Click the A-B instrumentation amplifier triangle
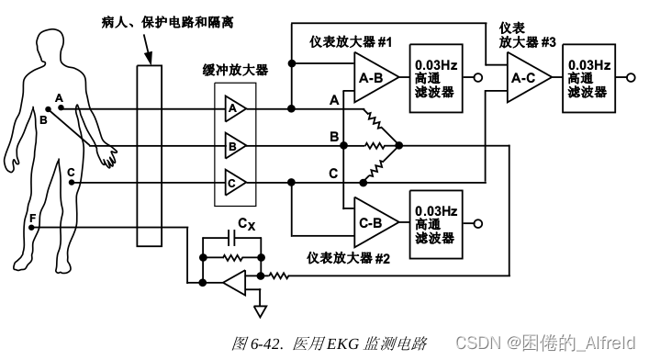tap(373, 79)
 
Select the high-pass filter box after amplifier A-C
tap(587, 77)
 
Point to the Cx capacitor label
tap(246, 223)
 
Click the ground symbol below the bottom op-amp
tap(260, 309)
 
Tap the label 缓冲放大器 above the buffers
tap(236, 70)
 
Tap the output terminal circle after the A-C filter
tap(631, 77)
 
